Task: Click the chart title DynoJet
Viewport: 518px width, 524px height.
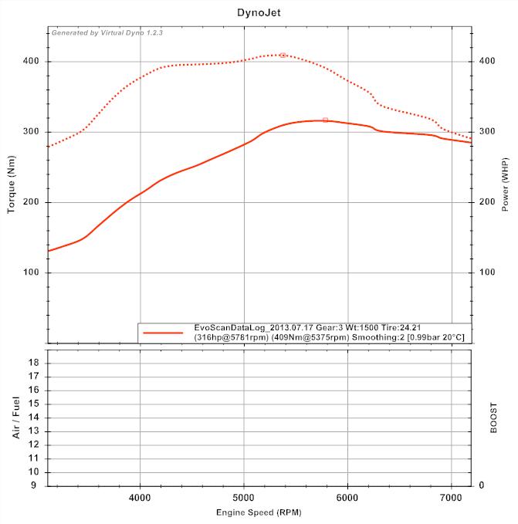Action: [x=259, y=13]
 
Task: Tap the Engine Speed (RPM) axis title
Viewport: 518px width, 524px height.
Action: [x=259, y=512]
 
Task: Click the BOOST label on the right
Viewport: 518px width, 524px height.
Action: [x=494, y=418]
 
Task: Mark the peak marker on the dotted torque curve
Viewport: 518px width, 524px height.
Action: [x=283, y=55]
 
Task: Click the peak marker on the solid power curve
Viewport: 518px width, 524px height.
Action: [x=325, y=120]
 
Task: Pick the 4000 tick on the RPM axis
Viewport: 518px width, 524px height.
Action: [x=141, y=499]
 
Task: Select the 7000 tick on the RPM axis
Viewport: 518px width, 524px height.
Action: [x=452, y=499]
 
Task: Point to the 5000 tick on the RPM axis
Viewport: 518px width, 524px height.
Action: [x=244, y=499]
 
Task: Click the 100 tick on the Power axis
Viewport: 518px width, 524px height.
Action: [x=486, y=273]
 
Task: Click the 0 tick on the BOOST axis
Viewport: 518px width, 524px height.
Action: [x=481, y=485]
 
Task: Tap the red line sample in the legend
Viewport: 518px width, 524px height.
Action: [x=163, y=333]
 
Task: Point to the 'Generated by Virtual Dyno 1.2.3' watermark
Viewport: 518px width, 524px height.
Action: [x=107, y=33]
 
